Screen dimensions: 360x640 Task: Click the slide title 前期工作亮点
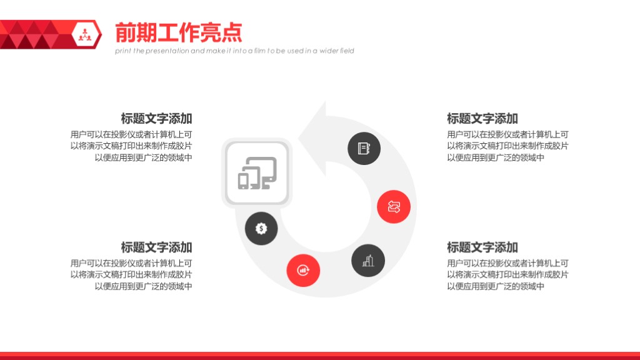(178, 32)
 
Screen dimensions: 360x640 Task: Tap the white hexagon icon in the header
(85, 34)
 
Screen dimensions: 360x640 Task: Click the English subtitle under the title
(234, 51)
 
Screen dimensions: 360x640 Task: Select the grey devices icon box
(257, 173)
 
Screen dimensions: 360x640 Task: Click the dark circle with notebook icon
(364, 149)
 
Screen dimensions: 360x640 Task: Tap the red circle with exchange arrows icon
(394, 206)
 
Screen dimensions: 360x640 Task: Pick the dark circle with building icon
(368, 261)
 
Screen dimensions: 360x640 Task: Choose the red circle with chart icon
(303, 271)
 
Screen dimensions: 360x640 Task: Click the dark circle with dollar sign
(261, 229)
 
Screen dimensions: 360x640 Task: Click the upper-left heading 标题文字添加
(156, 119)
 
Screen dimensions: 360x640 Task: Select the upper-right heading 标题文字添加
(482, 119)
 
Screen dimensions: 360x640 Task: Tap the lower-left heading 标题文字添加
(156, 247)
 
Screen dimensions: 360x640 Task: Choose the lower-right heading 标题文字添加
(482, 247)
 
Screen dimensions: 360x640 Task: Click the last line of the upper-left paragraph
(143, 157)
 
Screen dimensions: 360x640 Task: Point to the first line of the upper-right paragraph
(507, 134)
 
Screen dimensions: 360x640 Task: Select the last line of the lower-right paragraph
(496, 286)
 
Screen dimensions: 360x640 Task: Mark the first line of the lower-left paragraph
(131, 263)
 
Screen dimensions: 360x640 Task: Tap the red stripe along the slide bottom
(320, 356)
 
